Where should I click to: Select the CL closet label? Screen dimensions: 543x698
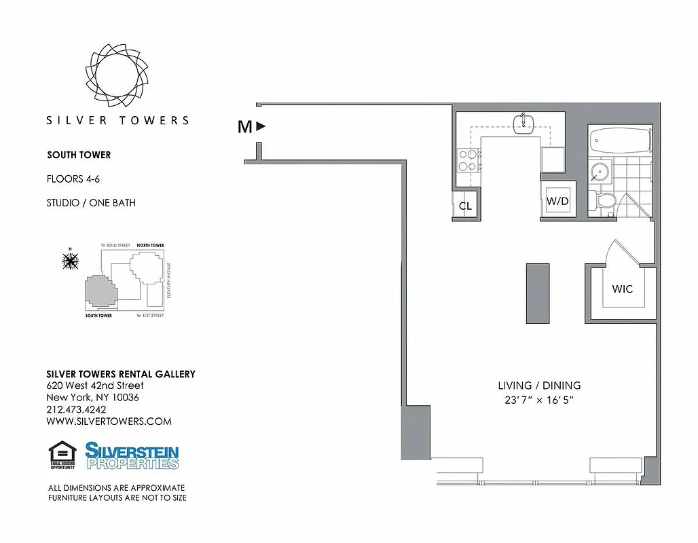coord(465,206)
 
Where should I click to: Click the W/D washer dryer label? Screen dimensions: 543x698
coord(557,202)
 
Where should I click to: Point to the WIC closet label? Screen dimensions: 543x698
coord(622,289)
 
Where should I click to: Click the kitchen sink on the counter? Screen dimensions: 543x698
coord(523,123)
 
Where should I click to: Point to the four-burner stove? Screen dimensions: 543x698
coord(467,160)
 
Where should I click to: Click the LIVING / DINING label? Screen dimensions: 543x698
coord(538,386)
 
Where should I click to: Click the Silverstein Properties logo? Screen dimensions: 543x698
coord(132,455)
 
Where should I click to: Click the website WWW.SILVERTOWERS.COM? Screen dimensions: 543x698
coord(109,422)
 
